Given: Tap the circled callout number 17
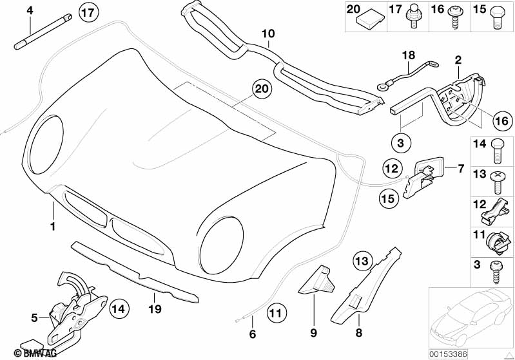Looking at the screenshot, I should tap(89, 11).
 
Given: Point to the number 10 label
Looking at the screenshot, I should tap(267, 33).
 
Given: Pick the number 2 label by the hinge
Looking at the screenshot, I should tap(458, 60).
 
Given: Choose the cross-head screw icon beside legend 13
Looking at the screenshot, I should tap(498, 180).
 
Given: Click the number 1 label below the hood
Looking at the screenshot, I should tap(53, 227).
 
